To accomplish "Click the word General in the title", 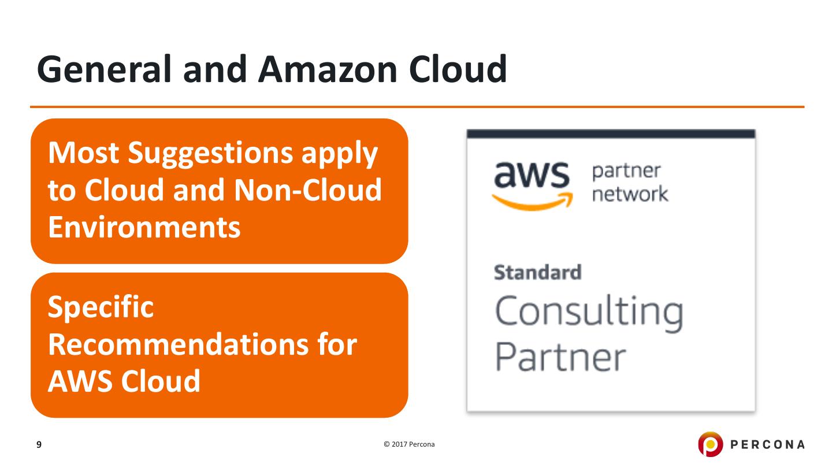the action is pos(104,69).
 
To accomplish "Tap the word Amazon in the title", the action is pos(328,69).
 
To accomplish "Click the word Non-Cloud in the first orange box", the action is pos(308,190).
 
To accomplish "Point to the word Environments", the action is pos(144,227).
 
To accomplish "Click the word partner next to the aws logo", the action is pos(626,172).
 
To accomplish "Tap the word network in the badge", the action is pos(630,194).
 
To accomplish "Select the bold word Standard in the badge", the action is pos(537,273).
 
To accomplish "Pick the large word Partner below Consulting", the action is pos(561,357).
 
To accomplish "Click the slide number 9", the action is pos(39,445).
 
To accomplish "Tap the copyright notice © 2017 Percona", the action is pos(409,444).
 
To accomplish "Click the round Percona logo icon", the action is pos(710,444).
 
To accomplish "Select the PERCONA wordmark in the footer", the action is pos(767,445).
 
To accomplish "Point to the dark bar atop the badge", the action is pos(611,134).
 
